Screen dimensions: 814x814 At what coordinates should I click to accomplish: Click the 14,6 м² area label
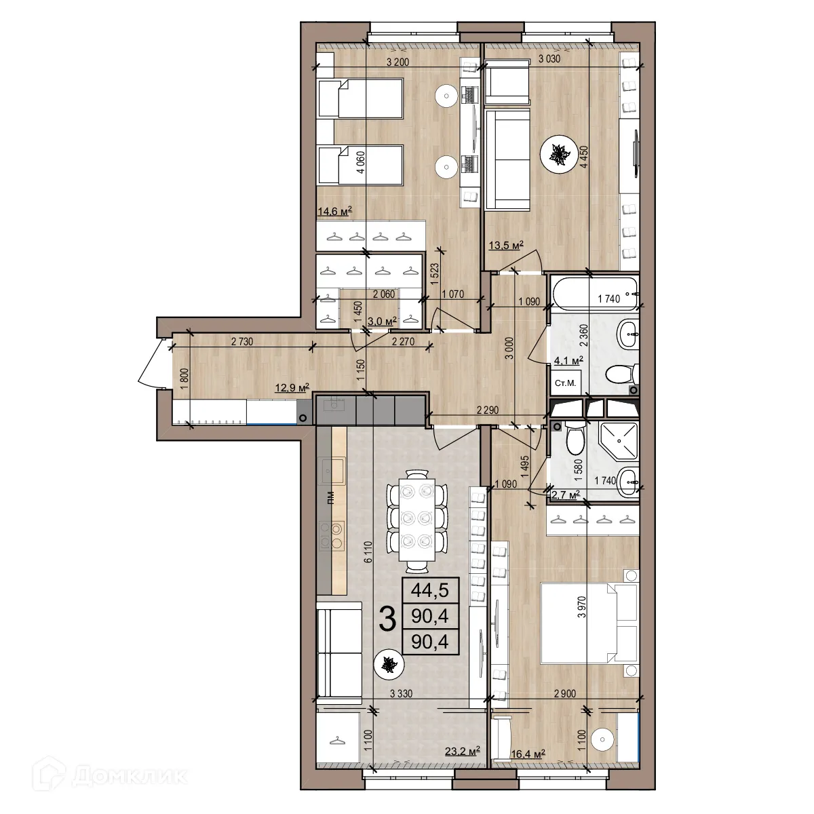(x=334, y=212)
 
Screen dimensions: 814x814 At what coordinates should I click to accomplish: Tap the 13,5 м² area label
(x=506, y=246)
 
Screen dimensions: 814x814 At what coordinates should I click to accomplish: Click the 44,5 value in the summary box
(x=430, y=590)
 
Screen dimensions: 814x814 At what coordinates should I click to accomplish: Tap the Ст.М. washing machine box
(x=565, y=383)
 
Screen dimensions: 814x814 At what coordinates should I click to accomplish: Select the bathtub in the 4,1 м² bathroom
(x=594, y=292)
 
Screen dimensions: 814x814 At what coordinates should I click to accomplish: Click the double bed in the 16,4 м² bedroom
(x=588, y=623)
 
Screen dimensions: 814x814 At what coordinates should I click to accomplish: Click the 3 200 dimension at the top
(x=398, y=62)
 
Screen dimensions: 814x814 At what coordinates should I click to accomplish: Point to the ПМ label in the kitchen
(x=330, y=499)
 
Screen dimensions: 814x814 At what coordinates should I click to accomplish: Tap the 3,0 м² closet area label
(x=381, y=321)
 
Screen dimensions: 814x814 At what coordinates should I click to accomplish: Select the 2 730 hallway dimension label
(x=241, y=342)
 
